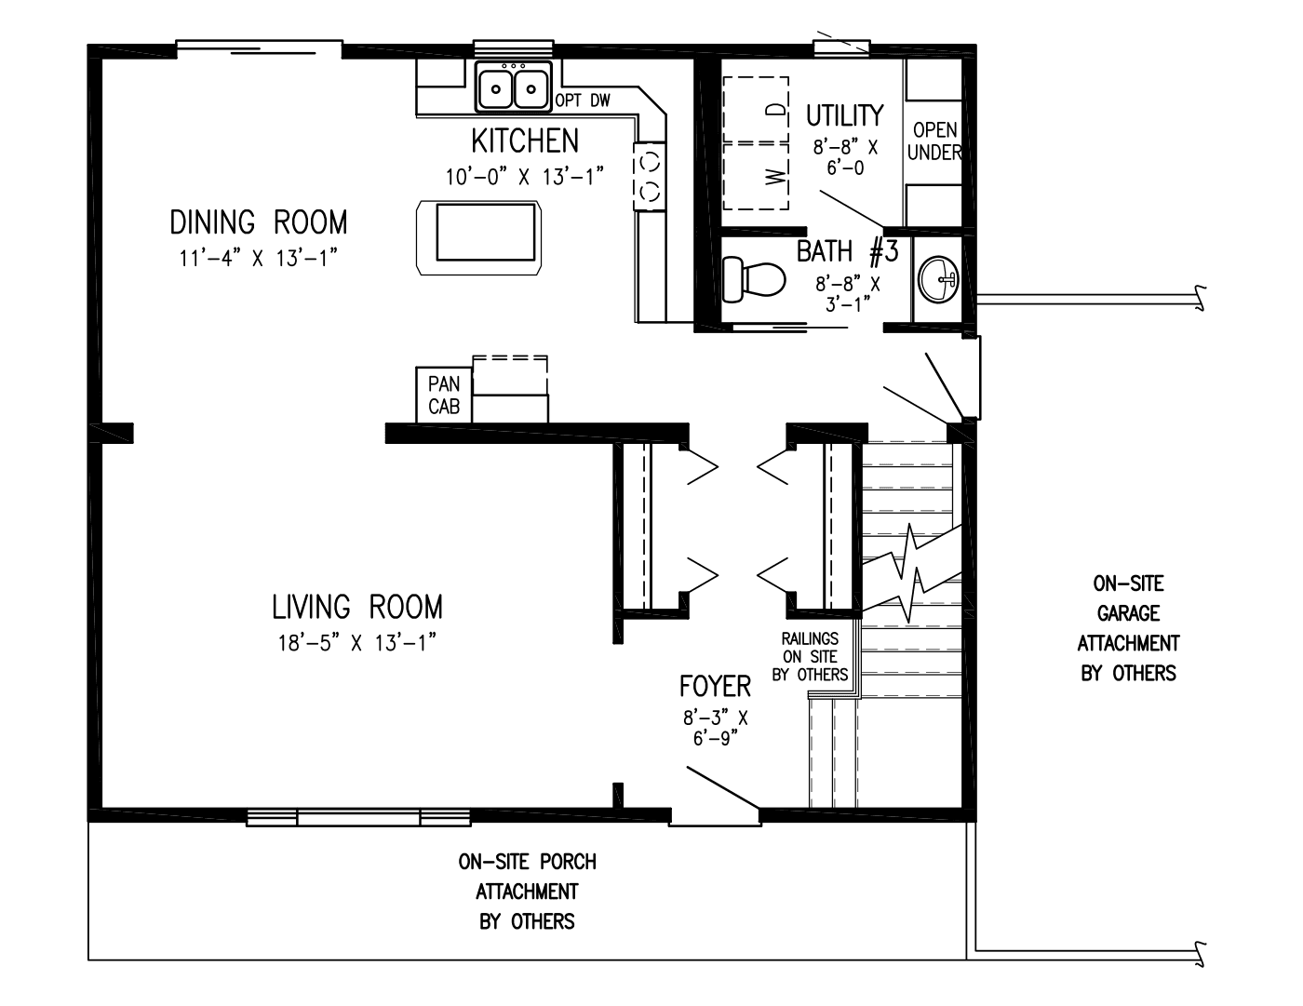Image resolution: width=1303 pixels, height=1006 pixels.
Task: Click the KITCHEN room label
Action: click(x=525, y=141)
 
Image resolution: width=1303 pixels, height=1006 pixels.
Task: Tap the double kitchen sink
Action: click(x=513, y=89)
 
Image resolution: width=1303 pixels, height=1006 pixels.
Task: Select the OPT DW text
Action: click(x=583, y=101)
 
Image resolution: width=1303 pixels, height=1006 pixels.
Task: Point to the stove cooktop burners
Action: click(x=650, y=174)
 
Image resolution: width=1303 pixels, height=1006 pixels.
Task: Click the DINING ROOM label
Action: click(x=258, y=222)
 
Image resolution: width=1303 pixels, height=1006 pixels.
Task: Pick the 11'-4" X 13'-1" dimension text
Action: click(x=258, y=259)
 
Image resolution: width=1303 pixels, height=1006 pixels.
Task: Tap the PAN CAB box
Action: click(x=444, y=395)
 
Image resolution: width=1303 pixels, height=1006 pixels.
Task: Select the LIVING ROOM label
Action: click(x=356, y=607)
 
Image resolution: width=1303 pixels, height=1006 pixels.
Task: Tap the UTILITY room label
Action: click(x=844, y=115)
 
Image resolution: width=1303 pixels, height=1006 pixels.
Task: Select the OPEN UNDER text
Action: click(x=934, y=141)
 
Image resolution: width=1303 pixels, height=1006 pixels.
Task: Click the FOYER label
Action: click(x=715, y=687)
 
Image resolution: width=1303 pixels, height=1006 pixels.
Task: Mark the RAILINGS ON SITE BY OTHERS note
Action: click(x=810, y=657)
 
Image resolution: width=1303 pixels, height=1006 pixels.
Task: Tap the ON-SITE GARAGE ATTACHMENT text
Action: click(x=1128, y=628)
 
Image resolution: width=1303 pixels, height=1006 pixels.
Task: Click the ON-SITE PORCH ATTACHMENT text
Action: click(x=527, y=891)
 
